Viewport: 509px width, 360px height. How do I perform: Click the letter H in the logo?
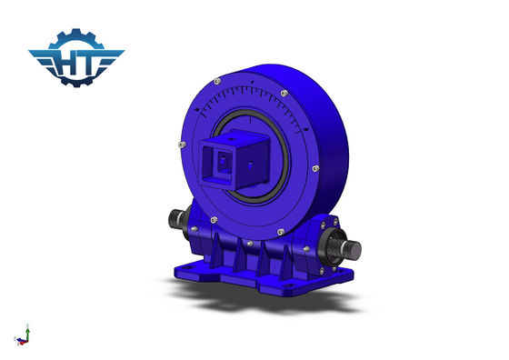pos(66,64)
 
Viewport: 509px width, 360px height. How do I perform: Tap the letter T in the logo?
pos(87,64)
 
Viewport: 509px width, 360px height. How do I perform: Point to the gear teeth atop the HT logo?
pos(76,37)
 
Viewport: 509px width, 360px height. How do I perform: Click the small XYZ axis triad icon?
pos(23,335)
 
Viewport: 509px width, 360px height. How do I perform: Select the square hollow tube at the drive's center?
pos(235,160)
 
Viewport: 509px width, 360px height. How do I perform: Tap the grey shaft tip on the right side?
pos(354,250)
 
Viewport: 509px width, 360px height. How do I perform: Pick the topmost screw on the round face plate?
pos(217,81)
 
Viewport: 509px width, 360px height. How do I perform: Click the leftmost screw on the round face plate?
pos(182,145)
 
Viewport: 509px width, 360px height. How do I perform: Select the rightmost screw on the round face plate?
pos(315,168)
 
